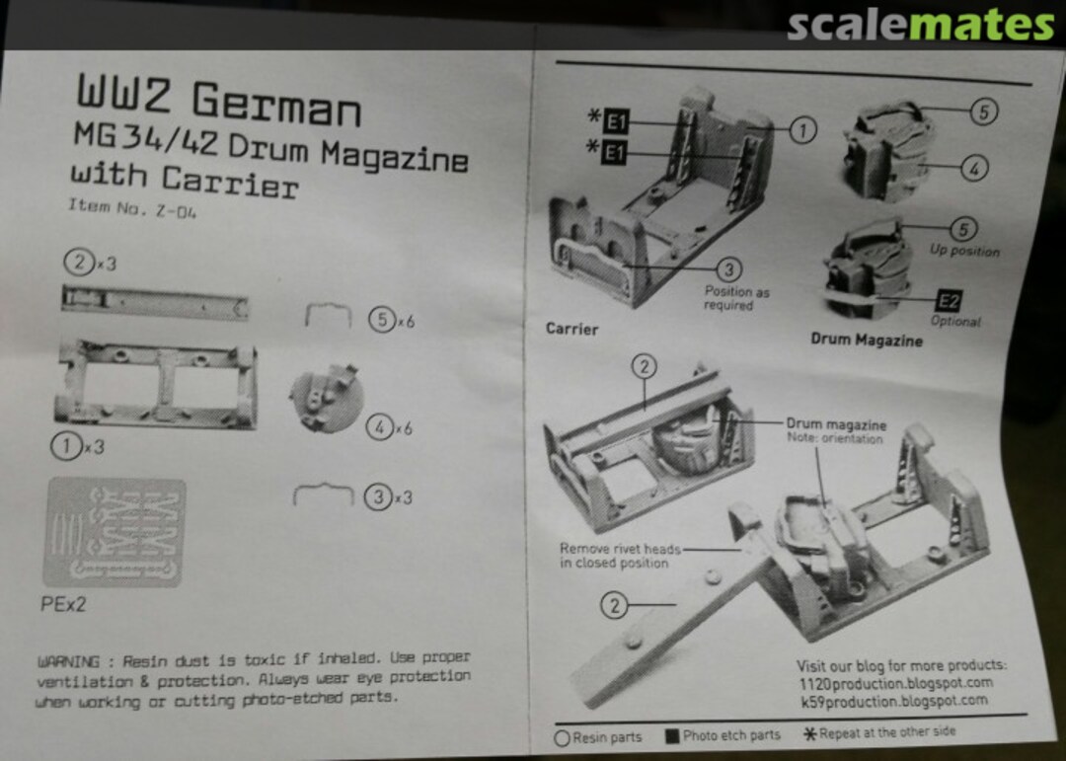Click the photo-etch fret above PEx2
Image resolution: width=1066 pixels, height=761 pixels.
(114, 532)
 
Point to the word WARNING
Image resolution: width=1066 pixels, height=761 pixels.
(67, 660)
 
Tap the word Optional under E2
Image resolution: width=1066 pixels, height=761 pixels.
(954, 322)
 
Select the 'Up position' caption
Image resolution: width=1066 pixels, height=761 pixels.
(963, 251)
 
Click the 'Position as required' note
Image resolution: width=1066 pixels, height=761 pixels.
(736, 298)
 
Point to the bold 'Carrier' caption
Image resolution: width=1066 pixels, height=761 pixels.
(571, 329)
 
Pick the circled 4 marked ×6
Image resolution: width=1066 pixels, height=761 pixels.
(381, 427)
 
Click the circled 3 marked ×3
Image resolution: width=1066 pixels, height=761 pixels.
(378, 496)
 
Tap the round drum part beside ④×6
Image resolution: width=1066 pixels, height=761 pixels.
(326, 399)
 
